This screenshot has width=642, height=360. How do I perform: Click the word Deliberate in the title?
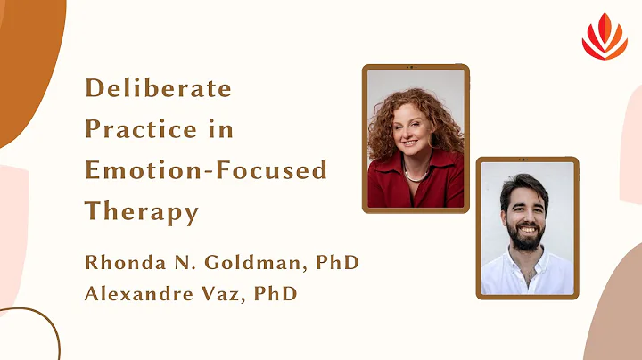[x=158, y=89]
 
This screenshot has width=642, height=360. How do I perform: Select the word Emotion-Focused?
[x=206, y=169]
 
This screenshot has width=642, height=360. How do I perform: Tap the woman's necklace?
[x=416, y=176]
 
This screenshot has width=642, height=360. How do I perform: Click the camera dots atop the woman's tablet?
[x=416, y=68]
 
